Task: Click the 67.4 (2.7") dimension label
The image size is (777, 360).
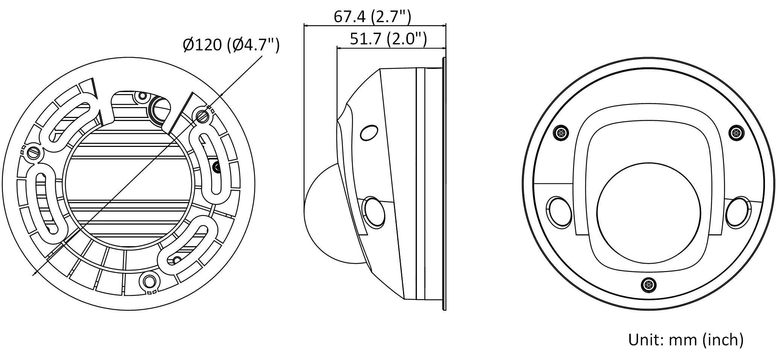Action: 372,17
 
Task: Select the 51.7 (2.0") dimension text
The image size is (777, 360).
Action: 388,39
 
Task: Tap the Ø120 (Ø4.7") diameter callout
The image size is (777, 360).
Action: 231,45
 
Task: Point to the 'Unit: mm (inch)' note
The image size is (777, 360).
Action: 686,340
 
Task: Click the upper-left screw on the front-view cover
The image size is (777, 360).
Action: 561,133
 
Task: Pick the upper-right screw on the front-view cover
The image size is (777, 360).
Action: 736,133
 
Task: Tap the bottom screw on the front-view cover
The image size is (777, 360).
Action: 648,285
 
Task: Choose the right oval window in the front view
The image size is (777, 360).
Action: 738,212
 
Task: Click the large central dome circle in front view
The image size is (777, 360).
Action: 649,212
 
